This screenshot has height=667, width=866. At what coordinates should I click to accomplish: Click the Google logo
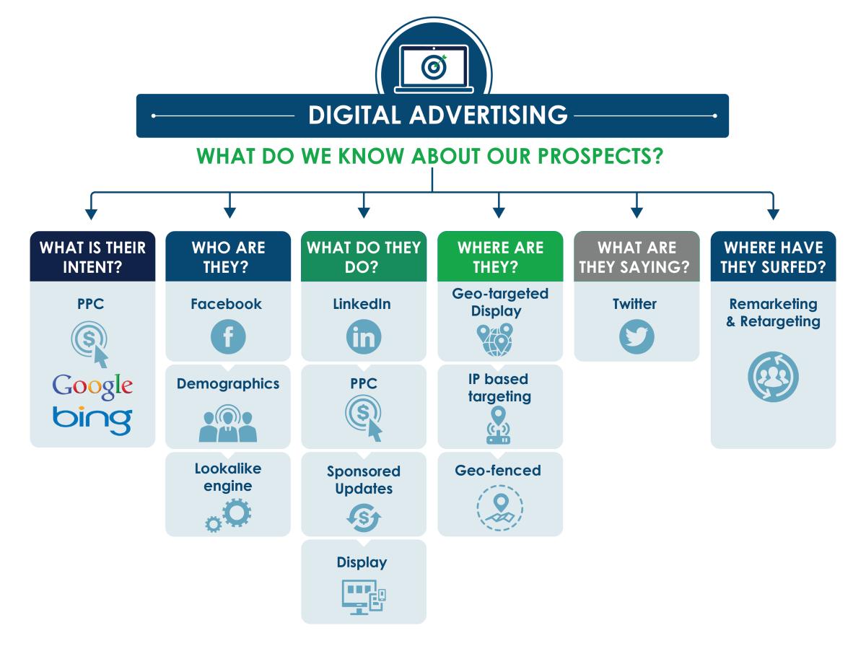pyautogui.click(x=92, y=385)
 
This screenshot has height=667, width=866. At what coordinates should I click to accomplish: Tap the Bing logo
pyautogui.click(x=92, y=420)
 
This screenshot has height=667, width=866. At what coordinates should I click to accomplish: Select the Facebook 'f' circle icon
pyautogui.click(x=228, y=336)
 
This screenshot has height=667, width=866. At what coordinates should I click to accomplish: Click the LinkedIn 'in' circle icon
pyautogui.click(x=364, y=336)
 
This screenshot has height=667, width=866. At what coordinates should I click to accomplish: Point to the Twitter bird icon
pyautogui.click(x=637, y=336)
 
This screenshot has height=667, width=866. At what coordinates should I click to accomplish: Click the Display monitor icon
pyautogui.click(x=364, y=597)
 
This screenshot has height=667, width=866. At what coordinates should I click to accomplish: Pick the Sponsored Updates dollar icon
pyautogui.click(x=364, y=518)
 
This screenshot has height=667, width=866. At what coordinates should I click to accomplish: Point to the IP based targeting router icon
pyautogui.click(x=498, y=426)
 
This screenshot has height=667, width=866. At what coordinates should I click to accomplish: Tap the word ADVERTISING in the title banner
pyautogui.click(x=489, y=115)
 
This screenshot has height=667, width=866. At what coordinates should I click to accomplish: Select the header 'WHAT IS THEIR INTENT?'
pyautogui.click(x=92, y=257)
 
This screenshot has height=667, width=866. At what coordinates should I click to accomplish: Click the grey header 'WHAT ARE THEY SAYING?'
pyautogui.click(x=634, y=257)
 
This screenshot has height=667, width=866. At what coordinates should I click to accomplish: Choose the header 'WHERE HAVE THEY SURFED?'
pyautogui.click(x=773, y=257)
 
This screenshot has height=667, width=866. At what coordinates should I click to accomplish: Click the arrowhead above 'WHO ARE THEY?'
pyautogui.click(x=230, y=213)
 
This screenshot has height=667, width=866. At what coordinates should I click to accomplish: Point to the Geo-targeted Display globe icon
pyautogui.click(x=496, y=340)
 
